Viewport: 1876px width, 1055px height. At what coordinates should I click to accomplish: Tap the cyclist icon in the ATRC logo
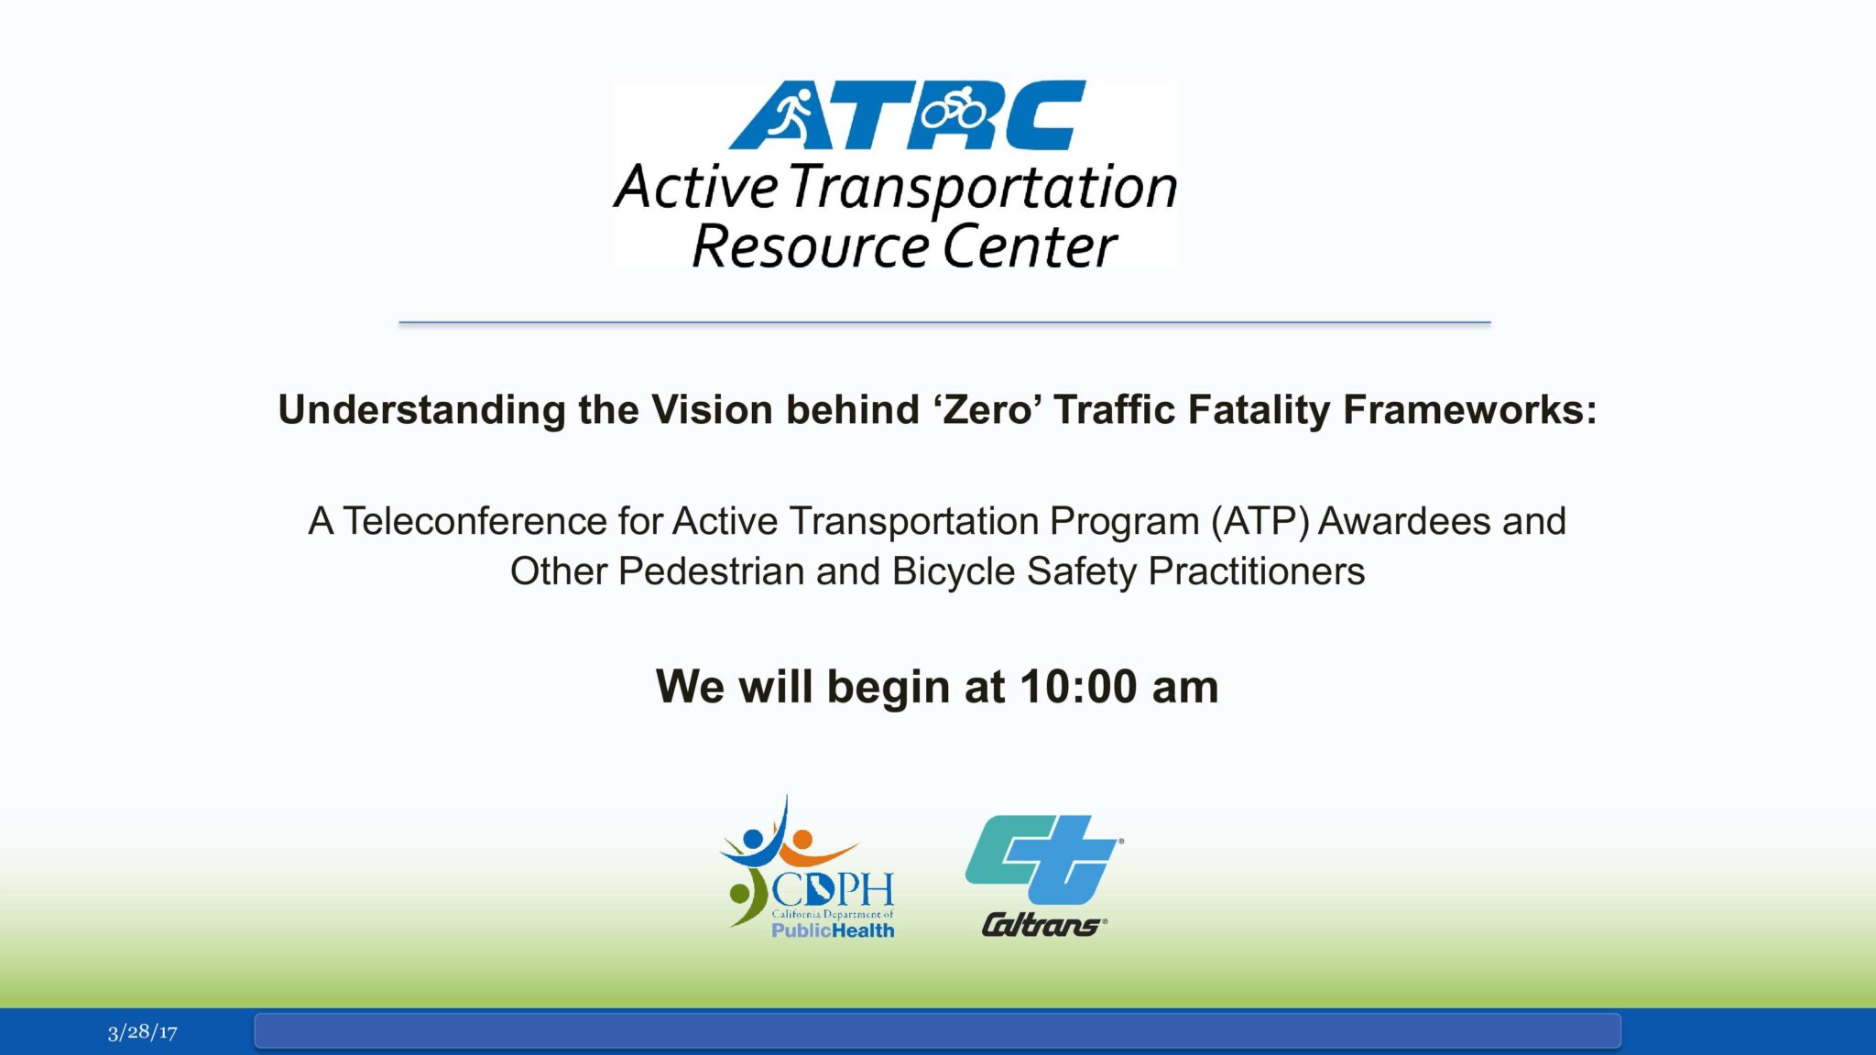(954, 109)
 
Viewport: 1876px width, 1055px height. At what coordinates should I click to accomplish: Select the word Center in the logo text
(1030, 247)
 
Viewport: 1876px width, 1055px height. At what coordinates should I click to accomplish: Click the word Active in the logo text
(695, 187)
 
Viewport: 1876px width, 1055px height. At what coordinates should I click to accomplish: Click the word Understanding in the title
(421, 409)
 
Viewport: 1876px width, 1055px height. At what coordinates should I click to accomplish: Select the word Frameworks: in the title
(1469, 409)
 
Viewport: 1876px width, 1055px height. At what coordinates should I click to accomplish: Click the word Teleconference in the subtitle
(475, 521)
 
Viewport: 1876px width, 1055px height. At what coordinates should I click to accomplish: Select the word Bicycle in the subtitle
(953, 571)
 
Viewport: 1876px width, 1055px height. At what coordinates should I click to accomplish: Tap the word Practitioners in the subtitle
(1256, 571)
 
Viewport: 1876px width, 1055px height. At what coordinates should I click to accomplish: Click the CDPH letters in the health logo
(832, 888)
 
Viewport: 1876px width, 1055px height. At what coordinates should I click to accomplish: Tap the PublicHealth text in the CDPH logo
(832, 930)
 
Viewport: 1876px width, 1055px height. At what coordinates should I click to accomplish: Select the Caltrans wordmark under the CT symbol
(1042, 925)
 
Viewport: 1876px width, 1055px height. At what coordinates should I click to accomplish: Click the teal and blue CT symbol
(1042, 858)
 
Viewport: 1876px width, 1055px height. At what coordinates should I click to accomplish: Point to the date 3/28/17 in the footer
(142, 1032)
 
